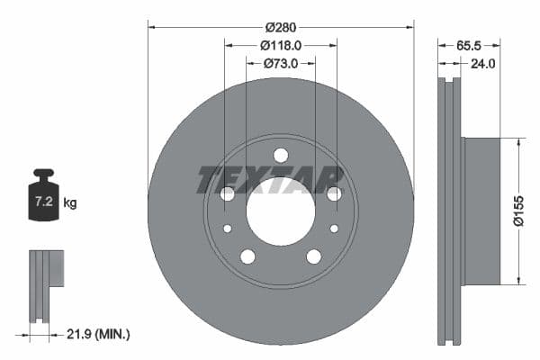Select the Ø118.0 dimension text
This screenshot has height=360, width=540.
[280, 44]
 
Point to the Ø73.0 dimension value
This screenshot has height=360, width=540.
[280, 63]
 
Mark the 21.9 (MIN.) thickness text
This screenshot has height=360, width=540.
[99, 334]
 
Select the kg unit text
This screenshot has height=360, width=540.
[69, 203]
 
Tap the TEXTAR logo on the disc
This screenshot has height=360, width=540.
[270, 180]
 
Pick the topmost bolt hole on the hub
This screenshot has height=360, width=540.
[280, 155]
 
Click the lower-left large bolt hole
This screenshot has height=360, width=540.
[247, 256]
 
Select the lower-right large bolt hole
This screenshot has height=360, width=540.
[313, 256]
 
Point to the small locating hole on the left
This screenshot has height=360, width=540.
[228, 229]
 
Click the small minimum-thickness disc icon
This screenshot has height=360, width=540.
[47, 283]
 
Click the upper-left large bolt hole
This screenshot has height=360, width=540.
[227, 193]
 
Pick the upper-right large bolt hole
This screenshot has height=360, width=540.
[334, 193]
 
